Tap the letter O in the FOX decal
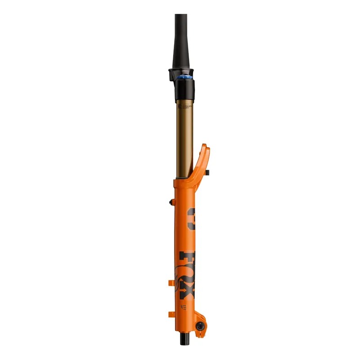pos(189,275)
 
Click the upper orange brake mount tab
pos(171,283)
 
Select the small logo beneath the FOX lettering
pos(184,308)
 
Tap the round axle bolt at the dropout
pos(198,326)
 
